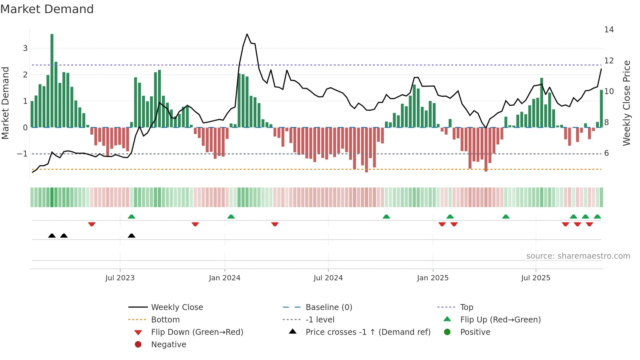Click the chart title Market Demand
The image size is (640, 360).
click(x=47, y=9)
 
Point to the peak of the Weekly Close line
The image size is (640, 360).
click(x=247, y=34)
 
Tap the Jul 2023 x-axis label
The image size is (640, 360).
click(x=120, y=278)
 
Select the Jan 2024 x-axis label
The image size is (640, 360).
click(x=225, y=278)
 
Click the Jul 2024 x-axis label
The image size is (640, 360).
click(x=328, y=278)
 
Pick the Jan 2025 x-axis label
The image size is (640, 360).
click(x=433, y=278)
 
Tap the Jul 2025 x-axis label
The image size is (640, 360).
click(x=536, y=278)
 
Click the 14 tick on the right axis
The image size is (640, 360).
click(x=609, y=30)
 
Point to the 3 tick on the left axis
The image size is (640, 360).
click(x=25, y=48)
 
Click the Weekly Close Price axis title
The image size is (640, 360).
click(x=626, y=103)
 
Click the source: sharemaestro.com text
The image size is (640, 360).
click(x=578, y=256)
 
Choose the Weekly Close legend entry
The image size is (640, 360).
click(x=177, y=307)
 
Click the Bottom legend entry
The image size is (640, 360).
click(x=165, y=319)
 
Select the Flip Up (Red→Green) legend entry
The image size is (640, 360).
click(x=500, y=319)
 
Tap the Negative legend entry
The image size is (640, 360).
click(x=168, y=344)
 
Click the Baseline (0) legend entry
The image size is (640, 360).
click(x=328, y=307)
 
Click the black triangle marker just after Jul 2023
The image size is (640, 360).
click(x=132, y=236)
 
